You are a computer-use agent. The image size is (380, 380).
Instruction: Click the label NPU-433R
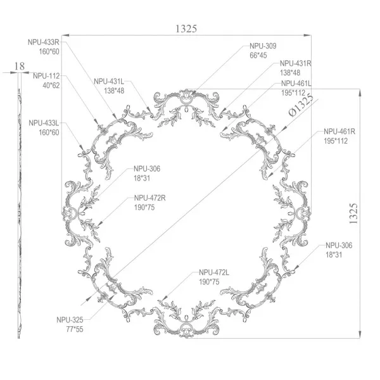(43, 42)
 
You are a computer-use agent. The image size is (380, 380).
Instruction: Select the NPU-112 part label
(46, 76)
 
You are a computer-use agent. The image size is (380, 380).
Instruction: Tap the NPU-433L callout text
(44, 123)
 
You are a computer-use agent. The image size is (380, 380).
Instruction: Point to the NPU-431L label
(109, 82)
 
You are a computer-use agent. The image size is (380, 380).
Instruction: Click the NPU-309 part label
(263, 46)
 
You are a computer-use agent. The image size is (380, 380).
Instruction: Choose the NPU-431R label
(296, 63)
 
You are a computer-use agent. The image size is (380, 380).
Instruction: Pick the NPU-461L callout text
(296, 84)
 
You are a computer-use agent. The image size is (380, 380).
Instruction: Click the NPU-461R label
(339, 132)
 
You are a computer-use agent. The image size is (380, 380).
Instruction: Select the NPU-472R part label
(149, 198)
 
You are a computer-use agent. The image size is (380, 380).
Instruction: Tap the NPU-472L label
(214, 272)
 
